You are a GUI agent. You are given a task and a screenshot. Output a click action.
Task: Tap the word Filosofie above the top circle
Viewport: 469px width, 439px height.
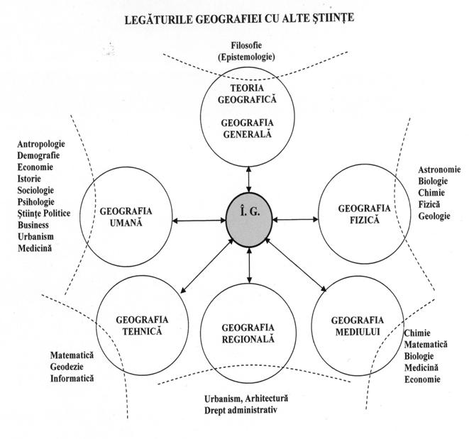248,45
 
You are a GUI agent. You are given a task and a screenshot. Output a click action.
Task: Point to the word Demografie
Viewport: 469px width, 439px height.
39,156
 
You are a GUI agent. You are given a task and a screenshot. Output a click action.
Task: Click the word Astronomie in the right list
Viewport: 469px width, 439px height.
440,170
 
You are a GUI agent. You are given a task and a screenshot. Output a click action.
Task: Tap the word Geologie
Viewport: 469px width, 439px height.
434,215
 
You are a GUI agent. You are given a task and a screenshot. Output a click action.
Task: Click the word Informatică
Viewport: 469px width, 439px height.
72,378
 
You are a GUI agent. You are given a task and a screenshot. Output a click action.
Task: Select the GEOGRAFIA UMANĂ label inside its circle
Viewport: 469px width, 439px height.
126,216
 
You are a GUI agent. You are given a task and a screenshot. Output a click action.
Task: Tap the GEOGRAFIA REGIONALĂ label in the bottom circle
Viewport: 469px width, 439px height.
248,333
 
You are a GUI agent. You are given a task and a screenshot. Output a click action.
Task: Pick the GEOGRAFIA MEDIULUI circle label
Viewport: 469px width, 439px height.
357,325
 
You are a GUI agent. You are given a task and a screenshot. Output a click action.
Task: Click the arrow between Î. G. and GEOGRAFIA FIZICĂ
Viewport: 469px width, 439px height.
292,221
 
